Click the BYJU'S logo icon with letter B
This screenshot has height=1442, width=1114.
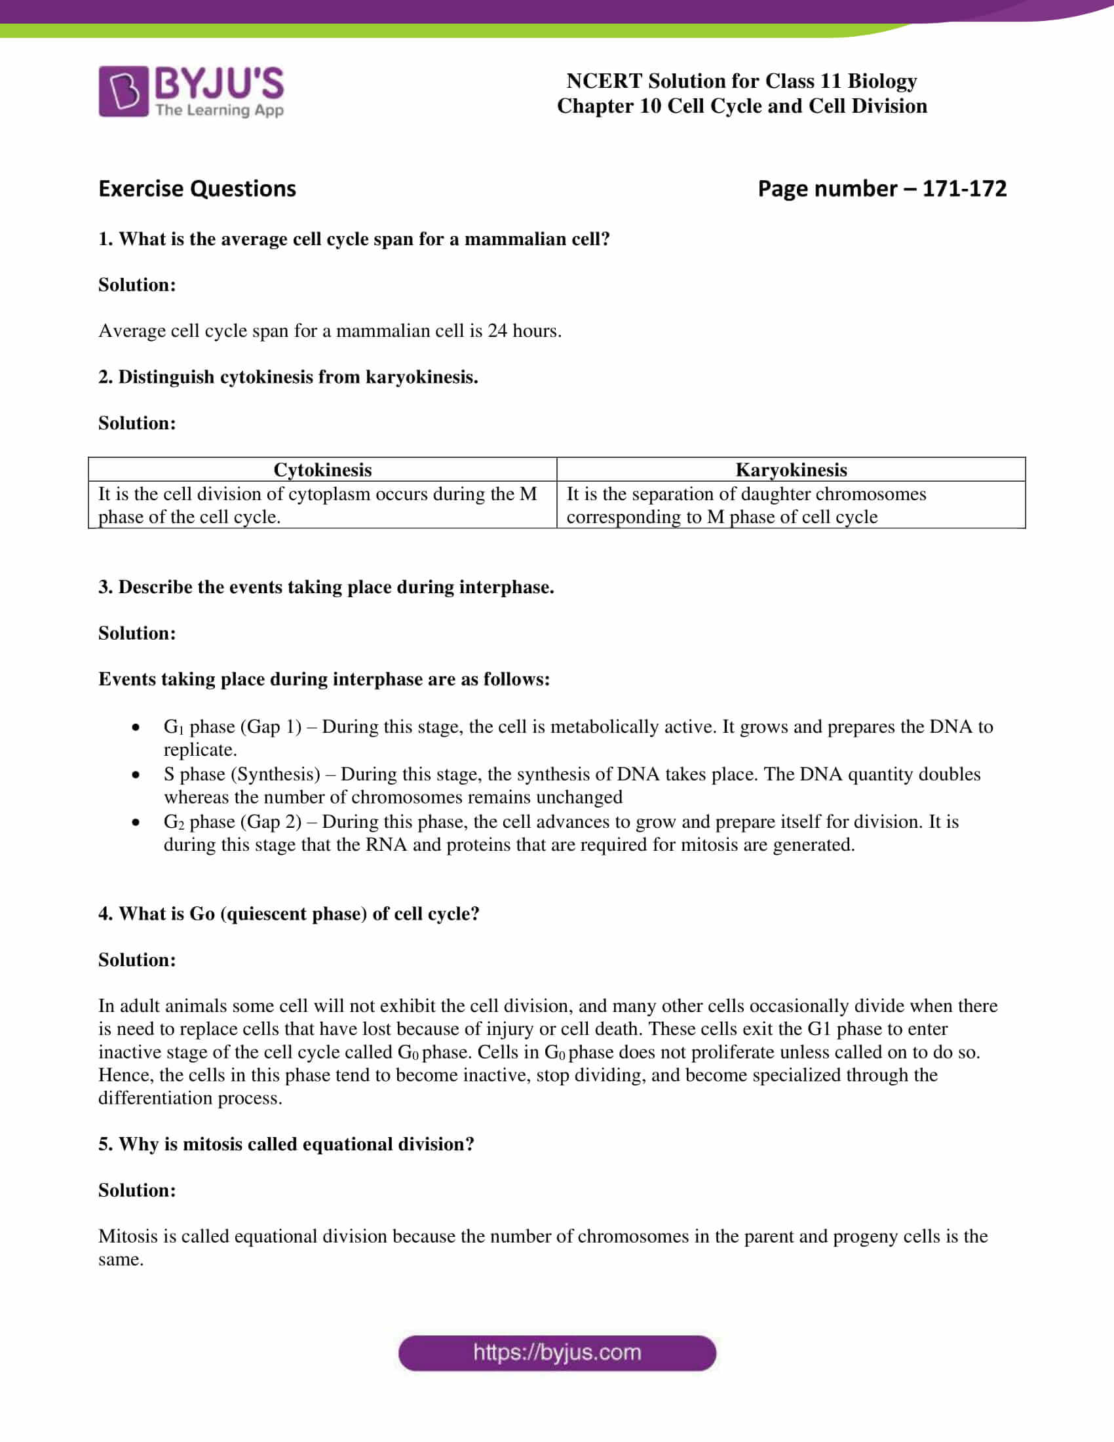[x=123, y=91]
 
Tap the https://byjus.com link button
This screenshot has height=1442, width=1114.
[x=557, y=1352]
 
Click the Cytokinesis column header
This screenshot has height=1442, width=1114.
[x=322, y=469]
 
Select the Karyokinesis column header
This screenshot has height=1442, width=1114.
[x=791, y=469]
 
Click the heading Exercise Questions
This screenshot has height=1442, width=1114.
[x=197, y=189]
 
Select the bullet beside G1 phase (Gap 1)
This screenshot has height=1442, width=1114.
[x=136, y=728]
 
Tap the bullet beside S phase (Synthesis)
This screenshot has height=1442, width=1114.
[x=136, y=775]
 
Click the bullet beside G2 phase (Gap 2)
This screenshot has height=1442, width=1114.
[x=136, y=823]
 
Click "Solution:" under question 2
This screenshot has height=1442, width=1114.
[x=137, y=423]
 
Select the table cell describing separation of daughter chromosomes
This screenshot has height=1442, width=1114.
[x=791, y=505]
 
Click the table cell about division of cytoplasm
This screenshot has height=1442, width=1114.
[x=322, y=505]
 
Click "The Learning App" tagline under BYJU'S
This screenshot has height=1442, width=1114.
[x=219, y=110]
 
